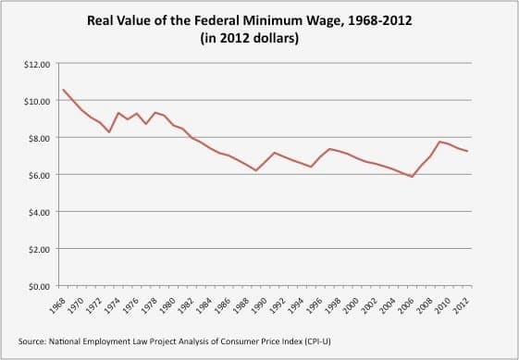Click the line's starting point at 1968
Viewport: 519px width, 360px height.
(63, 90)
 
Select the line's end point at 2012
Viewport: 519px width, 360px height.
(469, 152)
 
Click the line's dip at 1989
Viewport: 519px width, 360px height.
(256, 170)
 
